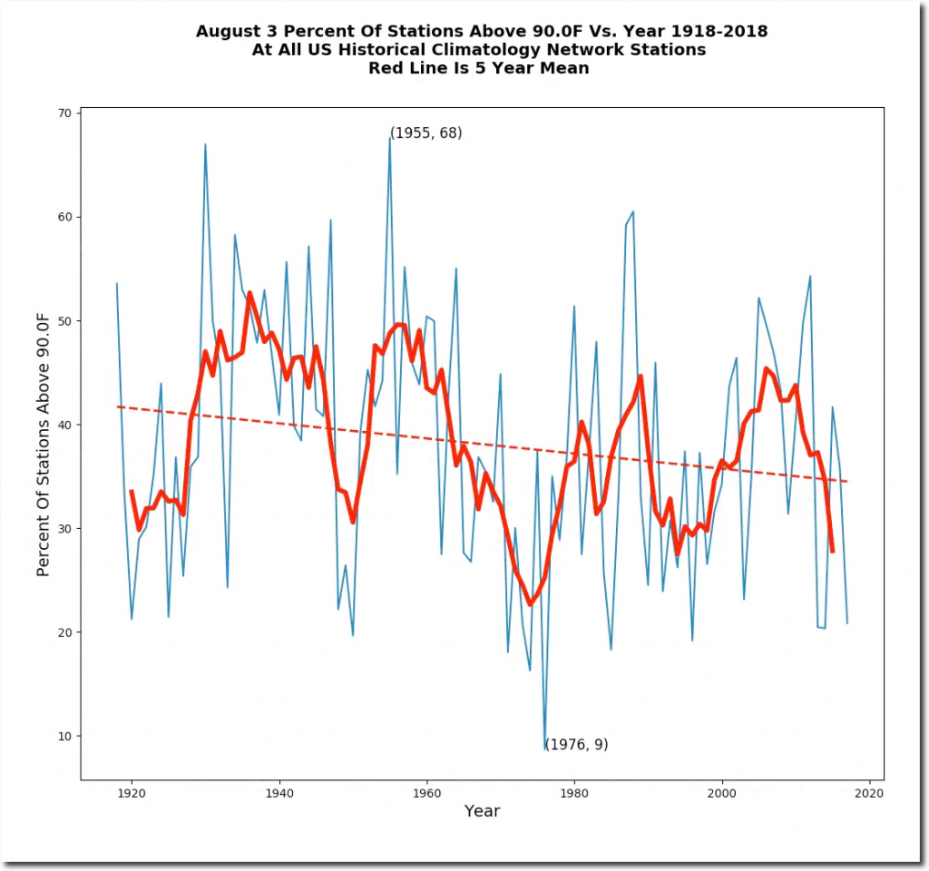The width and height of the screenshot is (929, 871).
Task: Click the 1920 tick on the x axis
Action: [132, 780]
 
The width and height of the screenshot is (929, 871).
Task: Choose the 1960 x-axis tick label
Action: [426, 794]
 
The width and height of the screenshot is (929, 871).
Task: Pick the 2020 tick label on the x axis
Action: [869, 794]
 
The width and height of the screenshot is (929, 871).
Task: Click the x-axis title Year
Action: [482, 811]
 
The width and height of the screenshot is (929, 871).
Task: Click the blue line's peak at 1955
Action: [390, 138]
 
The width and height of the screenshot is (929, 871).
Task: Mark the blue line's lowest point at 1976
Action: [545, 749]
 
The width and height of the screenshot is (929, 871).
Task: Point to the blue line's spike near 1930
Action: [205, 144]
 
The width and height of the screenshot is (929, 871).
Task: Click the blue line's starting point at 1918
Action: [117, 283]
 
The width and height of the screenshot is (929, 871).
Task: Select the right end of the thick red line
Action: [833, 551]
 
